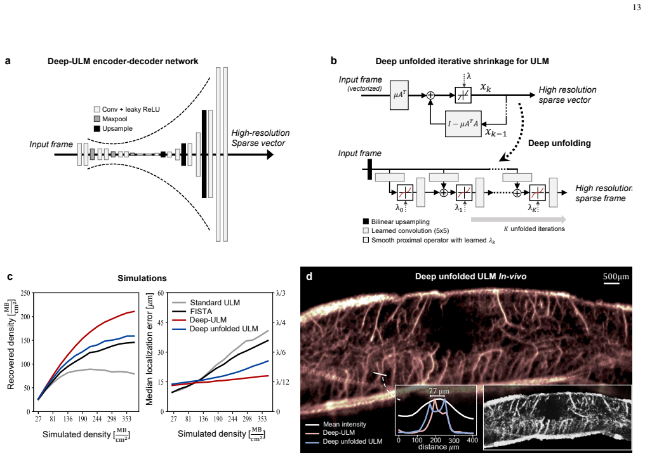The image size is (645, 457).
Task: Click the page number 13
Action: [636, 8]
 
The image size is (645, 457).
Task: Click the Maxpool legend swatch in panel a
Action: [97, 119]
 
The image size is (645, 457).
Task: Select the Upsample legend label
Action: [117, 128]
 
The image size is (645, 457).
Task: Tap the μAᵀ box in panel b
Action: [399, 95]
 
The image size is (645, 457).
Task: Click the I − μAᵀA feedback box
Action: [463, 123]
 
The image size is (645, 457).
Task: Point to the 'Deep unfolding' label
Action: [559, 143]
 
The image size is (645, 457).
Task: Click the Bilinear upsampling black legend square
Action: [366, 222]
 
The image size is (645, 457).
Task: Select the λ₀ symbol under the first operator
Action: [399, 208]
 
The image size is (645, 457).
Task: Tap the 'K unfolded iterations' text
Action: [534, 228]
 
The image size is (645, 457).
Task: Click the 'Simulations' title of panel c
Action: [142, 279]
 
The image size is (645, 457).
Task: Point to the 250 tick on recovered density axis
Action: [25, 293]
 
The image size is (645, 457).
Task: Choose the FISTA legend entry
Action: [201, 312]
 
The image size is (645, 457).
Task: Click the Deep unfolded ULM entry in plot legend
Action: [223, 329]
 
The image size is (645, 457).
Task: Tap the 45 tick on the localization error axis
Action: [161, 322]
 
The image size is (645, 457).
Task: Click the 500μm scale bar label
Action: [616, 276]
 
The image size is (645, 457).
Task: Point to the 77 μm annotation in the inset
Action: [439, 391]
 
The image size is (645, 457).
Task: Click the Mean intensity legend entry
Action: [344, 424]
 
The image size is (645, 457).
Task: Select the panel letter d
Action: [309, 276]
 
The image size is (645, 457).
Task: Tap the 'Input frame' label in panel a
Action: [51, 144]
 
